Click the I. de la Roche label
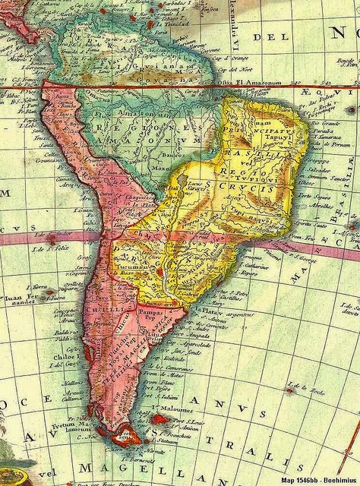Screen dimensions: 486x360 311,392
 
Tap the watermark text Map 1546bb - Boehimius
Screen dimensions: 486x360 314,478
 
